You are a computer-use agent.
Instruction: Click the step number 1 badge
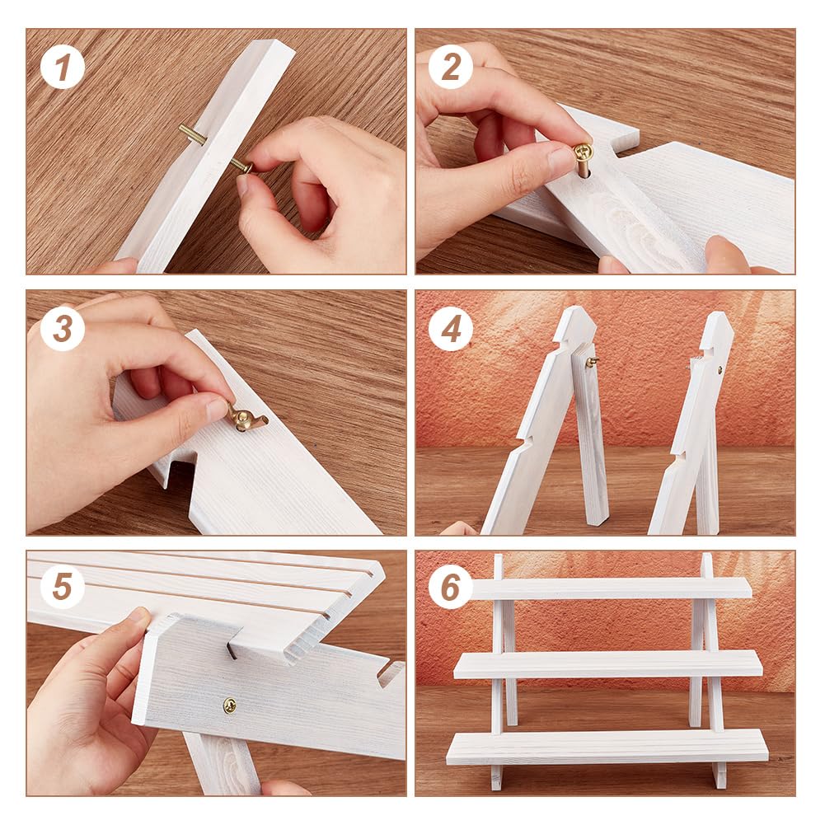point(62,67)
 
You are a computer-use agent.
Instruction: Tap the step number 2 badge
point(450,67)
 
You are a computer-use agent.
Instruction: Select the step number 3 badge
point(62,329)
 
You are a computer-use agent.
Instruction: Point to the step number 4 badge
point(450,329)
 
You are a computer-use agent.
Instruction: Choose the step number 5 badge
point(62,587)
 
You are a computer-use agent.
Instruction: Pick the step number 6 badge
point(450,587)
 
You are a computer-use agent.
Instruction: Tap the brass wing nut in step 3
point(242,418)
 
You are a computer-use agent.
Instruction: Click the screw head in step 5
point(229,705)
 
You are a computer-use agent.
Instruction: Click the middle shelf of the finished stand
point(607,664)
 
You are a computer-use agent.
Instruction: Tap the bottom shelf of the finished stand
point(607,747)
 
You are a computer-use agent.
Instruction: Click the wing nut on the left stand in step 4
point(593,362)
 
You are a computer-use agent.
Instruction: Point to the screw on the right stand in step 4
point(720,370)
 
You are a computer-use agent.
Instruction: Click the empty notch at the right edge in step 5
point(390,674)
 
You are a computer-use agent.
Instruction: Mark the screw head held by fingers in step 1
point(246,168)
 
